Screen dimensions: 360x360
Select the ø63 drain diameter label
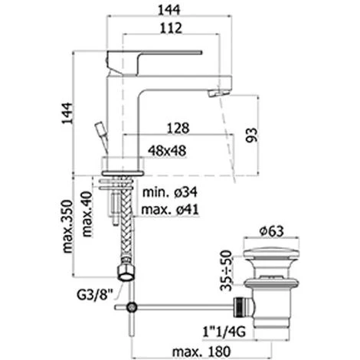coord(278,229)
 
